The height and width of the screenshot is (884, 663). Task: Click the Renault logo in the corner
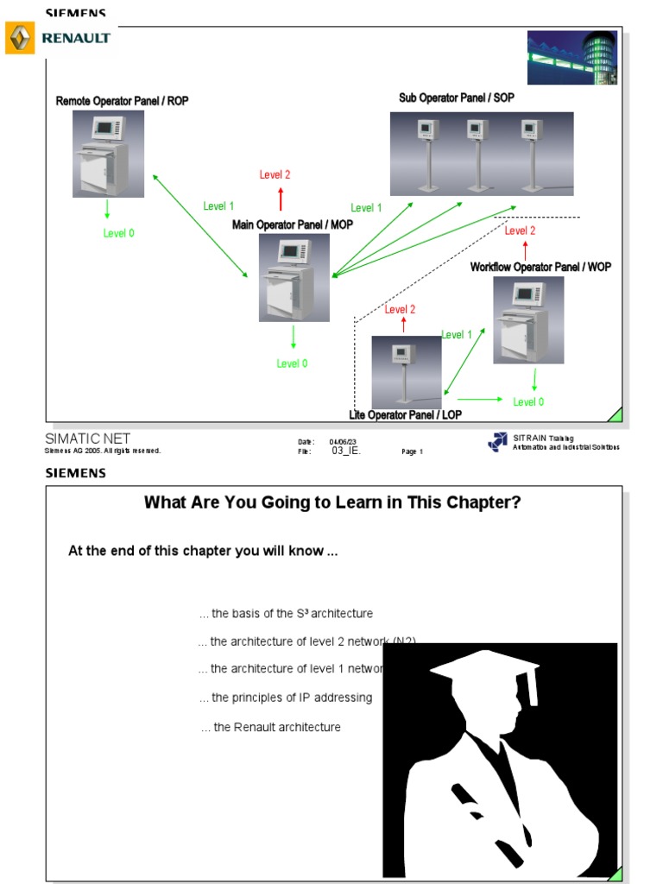pyautogui.click(x=58, y=38)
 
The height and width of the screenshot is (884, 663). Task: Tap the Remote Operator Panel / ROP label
pyautogui.click(x=122, y=101)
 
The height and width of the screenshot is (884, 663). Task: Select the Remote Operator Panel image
pyautogui.click(x=108, y=154)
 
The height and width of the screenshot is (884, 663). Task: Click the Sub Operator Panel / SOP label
pyautogui.click(x=456, y=98)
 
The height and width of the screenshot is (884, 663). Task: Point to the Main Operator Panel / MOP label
pyautogui.click(x=292, y=224)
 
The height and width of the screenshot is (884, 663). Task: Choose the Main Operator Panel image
pyautogui.click(x=294, y=277)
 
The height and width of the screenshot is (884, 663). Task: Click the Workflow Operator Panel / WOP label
pyautogui.click(x=540, y=268)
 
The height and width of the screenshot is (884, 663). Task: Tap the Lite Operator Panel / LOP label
pyautogui.click(x=405, y=415)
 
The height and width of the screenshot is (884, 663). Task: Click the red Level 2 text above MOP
pyautogui.click(x=275, y=174)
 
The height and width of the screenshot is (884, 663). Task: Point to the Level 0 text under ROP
pyautogui.click(x=119, y=233)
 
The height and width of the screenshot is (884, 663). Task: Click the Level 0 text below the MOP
pyautogui.click(x=292, y=363)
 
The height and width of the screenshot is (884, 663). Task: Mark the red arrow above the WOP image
pyautogui.click(x=525, y=251)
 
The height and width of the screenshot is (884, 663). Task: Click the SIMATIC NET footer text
pyautogui.click(x=87, y=439)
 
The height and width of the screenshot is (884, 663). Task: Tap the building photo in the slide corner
pyautogui.click(x=573, y=57)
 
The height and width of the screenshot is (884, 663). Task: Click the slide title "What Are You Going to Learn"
pyautogui.click(x=332, y=502)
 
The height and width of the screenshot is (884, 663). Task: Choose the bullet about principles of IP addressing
pyautogui.click(x=286, y=698)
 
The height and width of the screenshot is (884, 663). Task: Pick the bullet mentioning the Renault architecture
pyautogui.click(x=271, y=727)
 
